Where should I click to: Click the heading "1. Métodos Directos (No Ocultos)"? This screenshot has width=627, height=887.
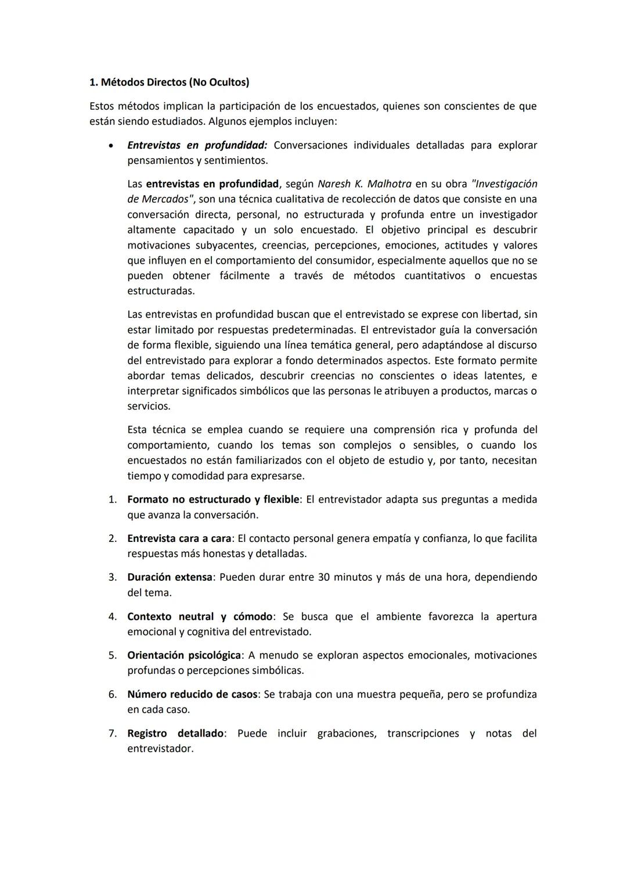point(169,82)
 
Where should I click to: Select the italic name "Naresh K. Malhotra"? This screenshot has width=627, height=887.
point(364,184)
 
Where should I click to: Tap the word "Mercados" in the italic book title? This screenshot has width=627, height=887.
point(165,199)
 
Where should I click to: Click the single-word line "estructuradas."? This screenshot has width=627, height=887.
point(161,291)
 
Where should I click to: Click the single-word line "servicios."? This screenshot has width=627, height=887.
point(148,406)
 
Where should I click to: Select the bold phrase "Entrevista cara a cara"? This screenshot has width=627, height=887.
point(179,538)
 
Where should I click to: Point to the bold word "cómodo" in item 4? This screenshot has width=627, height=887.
point(253,616)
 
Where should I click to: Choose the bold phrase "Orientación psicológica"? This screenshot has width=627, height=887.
point(183,655)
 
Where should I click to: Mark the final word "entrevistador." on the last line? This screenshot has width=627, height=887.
point(160,749)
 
